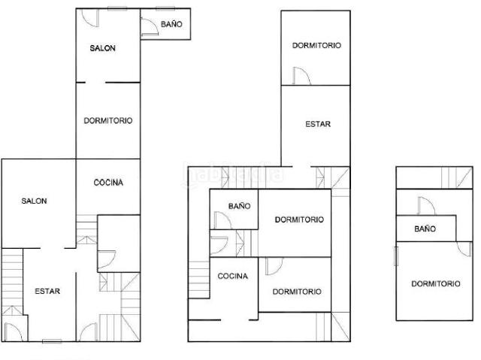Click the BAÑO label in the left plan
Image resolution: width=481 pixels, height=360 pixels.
point(171,24)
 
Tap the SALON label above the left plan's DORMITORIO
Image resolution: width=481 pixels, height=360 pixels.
point(103,48)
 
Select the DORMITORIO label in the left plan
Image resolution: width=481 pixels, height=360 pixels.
point(108,120)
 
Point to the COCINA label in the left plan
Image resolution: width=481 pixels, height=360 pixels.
point(108,183)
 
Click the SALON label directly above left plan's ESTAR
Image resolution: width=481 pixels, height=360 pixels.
point(34,201)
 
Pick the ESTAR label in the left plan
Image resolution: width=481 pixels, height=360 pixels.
point(47,291)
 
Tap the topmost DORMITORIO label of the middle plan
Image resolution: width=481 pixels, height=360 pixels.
point(316,45)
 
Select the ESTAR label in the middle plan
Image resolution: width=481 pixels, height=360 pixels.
point(318,124)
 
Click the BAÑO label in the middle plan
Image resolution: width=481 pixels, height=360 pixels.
point(239,206)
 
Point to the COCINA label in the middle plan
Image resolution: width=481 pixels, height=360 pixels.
point(233,276)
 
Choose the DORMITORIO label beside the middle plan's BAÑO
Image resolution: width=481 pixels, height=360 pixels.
point(299,219)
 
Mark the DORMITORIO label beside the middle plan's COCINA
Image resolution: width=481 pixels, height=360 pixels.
point(297,292)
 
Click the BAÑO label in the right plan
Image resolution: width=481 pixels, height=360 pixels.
point(425,228)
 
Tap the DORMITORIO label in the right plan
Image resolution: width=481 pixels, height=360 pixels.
point(436,283)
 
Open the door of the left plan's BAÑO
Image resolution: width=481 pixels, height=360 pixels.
point(150,27)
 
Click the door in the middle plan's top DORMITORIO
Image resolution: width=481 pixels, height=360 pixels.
point(301,76)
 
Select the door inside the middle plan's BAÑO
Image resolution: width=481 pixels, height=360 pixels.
point(222,220)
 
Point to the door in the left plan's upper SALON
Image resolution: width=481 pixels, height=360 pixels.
point(90,18)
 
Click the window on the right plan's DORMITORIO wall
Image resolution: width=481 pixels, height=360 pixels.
point(396,256)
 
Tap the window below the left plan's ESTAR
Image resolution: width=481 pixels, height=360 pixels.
point(52,341)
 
